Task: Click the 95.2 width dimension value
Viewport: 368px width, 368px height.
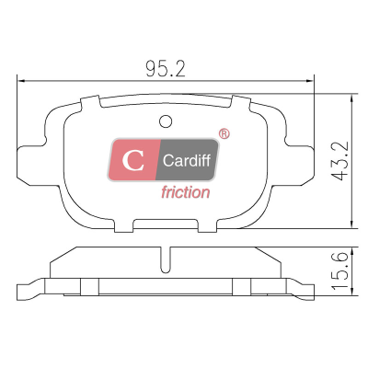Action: pyautogui.click(x=166, y=69)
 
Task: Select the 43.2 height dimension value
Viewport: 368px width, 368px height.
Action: pyautogui.click(x=340, y=161)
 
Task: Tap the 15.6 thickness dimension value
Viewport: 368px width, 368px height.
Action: pyautogui.click(x=340, y=270)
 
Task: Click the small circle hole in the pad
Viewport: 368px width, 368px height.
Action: pyautogui.click(x=166, y=121)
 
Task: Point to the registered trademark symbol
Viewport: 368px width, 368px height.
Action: pyautogui.click(x=224, y=133)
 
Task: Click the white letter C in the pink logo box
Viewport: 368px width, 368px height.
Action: pyautogui.click(x=133, y=160)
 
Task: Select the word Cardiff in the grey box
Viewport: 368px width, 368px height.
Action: pyautogui.click(x=187, y=160)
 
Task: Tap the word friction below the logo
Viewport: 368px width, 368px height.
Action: pyautogui.click(x=186, y=192)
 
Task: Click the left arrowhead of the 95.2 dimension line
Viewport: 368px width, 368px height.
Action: pyautogui.click(x=21, y=81)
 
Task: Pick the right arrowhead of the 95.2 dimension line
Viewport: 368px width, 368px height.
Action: pyautogui.click(x=310, y=81)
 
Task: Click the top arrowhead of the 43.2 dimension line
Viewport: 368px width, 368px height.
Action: pyautogui.click(x=352, y=98)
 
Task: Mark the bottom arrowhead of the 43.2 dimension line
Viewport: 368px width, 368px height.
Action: pyautogui.click(x=352, y=224)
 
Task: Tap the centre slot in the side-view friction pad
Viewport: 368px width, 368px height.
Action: pyautogui.click(x=166, y=259)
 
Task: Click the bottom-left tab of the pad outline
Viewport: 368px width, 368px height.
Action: pyautogui.click(x=124, y=226)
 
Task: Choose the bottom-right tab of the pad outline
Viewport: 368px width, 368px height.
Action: pyautogui.click(x=207, y=226)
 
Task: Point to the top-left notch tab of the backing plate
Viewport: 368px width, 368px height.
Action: pyautogui.click(x=90, y=103)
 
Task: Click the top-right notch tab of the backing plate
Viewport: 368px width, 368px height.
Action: pyautogui.click(x=241, y=103)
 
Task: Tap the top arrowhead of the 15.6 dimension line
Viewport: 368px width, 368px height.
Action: pyautogui.click(x=352, y=250)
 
